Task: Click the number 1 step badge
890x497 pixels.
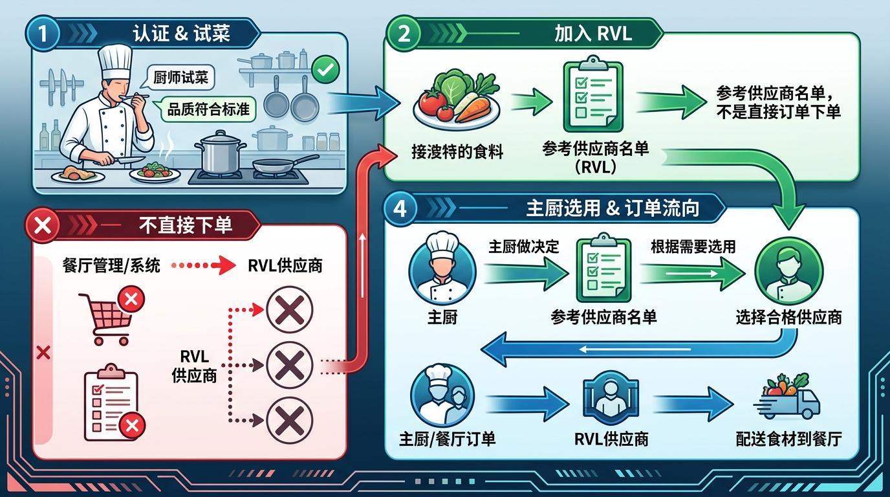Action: pyautogui.click(x=43, y=33)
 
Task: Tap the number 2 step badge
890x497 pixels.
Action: pyautogui.click(x=404, y=34)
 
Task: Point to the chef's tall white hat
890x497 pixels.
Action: pyautogui.click(x=115, y=58)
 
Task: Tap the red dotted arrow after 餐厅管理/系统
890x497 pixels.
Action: pyautogui.click(x=205, y=265)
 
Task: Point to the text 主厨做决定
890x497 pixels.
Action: pyautogui.click(x=524, y=247)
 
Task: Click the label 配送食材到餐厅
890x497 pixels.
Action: pyautogui.click(x=788, y=439)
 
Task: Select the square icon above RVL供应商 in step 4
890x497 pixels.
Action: pyautogui.click(x=611, y=399)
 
